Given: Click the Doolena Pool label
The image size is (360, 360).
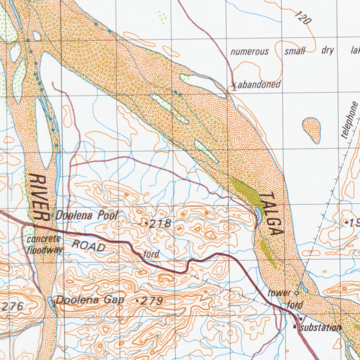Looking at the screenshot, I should tap(87, 215).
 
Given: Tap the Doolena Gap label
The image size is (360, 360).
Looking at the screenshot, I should tap(90, 300).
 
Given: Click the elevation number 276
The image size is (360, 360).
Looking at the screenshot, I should tap(12, 307).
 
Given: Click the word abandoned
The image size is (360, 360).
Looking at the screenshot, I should tap(259, 84).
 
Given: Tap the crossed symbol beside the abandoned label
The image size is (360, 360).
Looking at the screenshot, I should tap(234, 85).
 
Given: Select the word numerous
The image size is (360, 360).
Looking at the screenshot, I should tap(250, 52).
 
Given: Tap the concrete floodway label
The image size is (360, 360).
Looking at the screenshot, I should tap(45, 244).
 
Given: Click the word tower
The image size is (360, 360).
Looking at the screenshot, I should tap(279, 293).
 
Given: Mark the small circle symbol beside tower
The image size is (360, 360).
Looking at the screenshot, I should tap(296, 292).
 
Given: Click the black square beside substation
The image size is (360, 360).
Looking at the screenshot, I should tap(295, 327).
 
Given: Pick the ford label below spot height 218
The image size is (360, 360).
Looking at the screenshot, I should tap(152, 253).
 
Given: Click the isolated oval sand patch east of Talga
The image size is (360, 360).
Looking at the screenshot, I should tap(312, 129).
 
